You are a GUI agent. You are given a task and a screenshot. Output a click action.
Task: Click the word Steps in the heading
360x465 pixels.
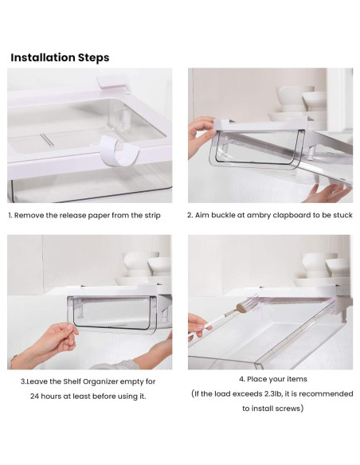point(94,58)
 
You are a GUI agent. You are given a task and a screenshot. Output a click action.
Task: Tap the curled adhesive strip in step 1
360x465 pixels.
point(119,150)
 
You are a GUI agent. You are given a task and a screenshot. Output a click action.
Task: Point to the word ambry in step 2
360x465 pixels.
point(259,215)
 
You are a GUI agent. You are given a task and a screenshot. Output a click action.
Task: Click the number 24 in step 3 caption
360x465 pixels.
point(34,397)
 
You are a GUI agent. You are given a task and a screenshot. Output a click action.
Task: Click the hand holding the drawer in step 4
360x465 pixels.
point(198,326)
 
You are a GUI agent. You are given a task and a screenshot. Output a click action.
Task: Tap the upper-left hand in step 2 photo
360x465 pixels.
point(202,135)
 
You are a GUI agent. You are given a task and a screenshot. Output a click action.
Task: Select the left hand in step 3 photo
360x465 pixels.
point(45,347)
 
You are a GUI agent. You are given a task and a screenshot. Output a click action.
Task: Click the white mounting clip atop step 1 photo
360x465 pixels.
point(112,82)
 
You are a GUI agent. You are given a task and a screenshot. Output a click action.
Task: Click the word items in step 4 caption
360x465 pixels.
point(298,379)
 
